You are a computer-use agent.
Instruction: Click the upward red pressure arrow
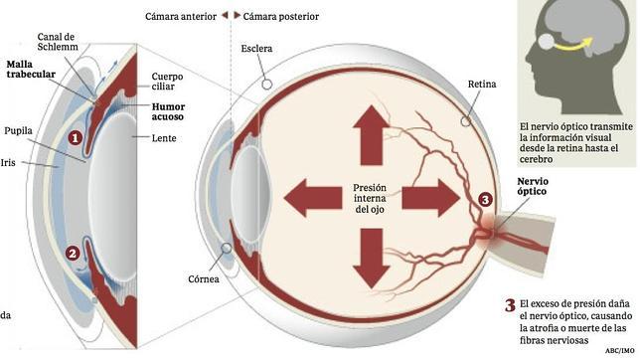(370, 128)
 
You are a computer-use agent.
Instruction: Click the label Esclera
(256, 48)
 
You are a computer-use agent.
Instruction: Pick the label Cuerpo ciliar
(168, 82)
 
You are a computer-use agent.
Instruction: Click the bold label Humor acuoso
(169, 110)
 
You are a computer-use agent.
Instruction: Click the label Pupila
(20, 156)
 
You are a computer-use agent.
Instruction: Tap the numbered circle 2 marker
(72, 253)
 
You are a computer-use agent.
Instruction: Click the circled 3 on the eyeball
(484, 200)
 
